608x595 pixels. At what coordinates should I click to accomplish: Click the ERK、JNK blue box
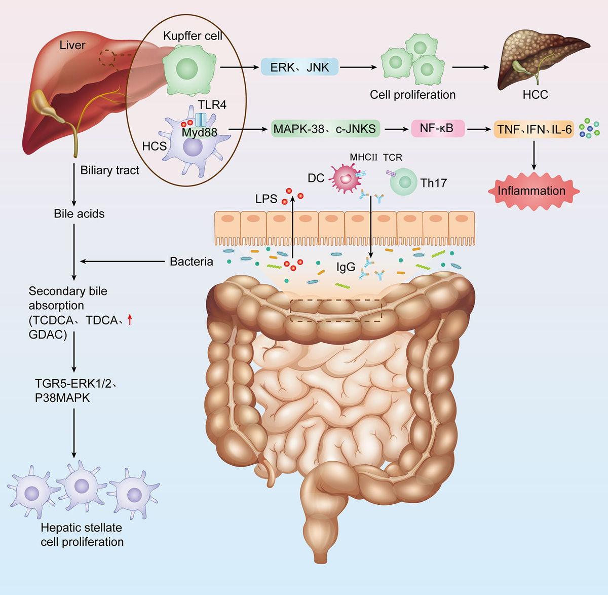pyautogui.click(x=299, y=67)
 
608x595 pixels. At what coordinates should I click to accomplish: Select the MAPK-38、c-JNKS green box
pyautogui.click(x=324, y=129)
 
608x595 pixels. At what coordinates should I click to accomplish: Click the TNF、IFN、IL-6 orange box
pyautogui.click(x=534, y=129)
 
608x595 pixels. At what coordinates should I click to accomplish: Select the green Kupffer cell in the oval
pyautogui.click(x=187, y=69)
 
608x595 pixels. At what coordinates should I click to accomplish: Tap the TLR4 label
pyautogui.click(x=212, y=105)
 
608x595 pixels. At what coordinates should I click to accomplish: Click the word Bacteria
pyautogui.click(x=191, y=262)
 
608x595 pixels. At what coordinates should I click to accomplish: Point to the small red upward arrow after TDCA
pyautogui.click(x=130, y=319)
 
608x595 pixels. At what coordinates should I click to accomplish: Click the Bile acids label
pyautogui.click(x=79, y=214)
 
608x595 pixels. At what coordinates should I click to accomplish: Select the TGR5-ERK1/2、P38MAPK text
pyautogui.click(x=76, y=391)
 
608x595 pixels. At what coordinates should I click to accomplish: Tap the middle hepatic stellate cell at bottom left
pyautogui.click(x=81, y=487)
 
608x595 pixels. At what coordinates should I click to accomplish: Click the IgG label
pyautogui.click(x=346, y=267)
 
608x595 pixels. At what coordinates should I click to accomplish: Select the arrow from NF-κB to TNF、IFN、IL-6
pyautogui.click(x=479, y=129)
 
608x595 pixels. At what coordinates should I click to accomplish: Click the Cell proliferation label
pyautogui.click(x=412, y=95)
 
